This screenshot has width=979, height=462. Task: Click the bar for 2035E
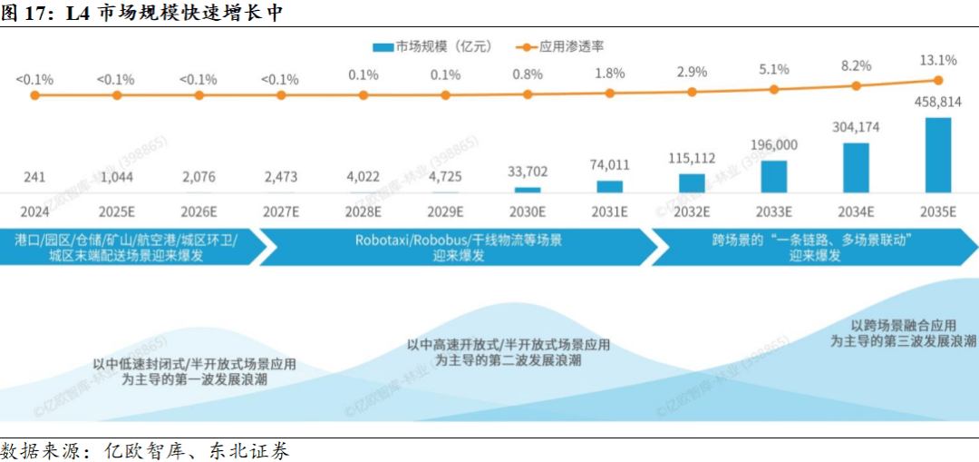[937, 154]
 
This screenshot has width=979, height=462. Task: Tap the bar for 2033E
[774, 176]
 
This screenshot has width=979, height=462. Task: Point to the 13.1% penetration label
[937, 60]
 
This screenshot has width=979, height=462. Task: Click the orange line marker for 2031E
[609, 93]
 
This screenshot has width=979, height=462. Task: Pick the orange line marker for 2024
[34, 94]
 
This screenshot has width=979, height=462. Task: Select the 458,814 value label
[937, 103]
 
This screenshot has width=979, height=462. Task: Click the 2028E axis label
[363, 211]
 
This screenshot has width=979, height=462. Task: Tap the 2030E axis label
[527, 211]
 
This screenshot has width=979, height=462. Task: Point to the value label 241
[34, 178]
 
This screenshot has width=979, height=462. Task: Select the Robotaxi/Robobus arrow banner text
[458, 248]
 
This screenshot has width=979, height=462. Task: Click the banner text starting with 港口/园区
[126, 248]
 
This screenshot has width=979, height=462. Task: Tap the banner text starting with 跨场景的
[810, 248]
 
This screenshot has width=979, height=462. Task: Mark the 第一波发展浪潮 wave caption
[194, 373]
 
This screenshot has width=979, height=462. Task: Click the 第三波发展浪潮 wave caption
[903, 333]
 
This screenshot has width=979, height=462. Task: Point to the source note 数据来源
[145, 450]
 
